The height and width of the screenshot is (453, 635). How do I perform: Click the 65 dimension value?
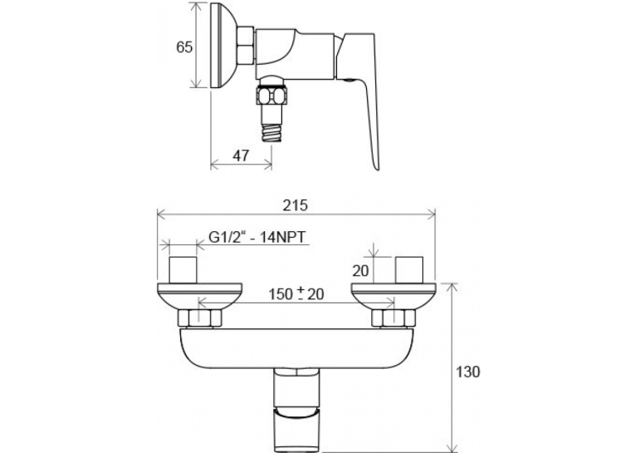[184, 47]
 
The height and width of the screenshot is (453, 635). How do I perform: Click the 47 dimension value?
[241, 155]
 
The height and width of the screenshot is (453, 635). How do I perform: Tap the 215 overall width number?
[296, 205]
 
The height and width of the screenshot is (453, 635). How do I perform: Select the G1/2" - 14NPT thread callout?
[257, 236]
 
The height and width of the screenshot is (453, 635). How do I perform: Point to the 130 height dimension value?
[468, 372]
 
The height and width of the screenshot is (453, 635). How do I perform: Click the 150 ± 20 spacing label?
[296, 293]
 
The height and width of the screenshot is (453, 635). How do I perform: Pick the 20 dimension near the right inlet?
[360, 270]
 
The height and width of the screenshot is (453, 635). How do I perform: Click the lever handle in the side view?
[359, 93]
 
